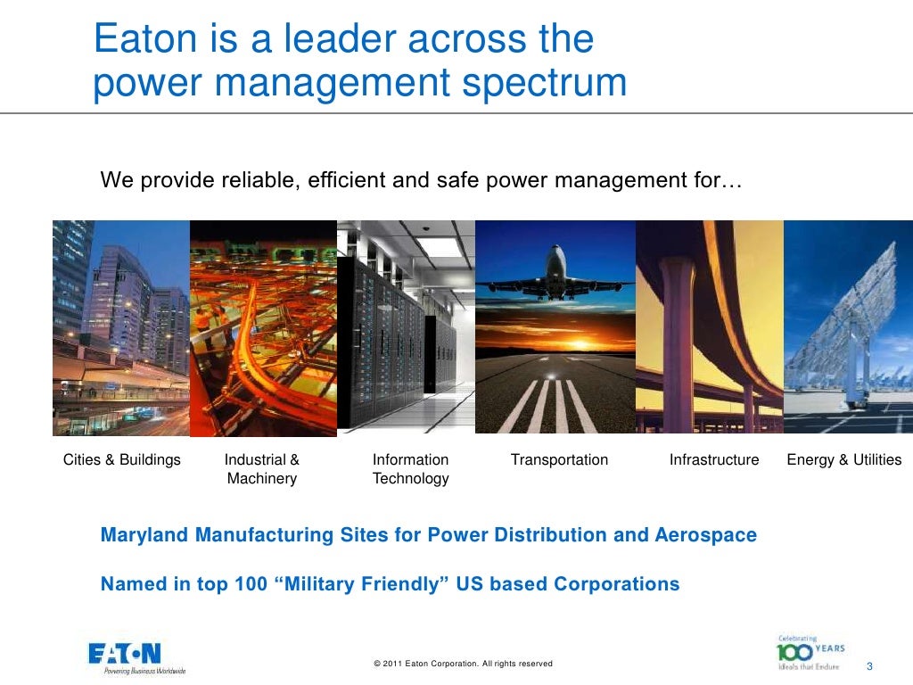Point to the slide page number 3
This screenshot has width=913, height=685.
(x=869, y=668)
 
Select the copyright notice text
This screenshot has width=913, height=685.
(x=464, y=664)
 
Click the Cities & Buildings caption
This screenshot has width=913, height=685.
(x=122, y=460)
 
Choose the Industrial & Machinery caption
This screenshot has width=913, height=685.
(x=262, y=469)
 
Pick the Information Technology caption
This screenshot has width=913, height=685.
(x=410, y=469)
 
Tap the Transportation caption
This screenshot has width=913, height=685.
(x=559, y=460)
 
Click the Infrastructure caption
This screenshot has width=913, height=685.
(x=714, y=460)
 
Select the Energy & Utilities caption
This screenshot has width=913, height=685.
(x=843, y=460)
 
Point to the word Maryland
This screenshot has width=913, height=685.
(x=144, y=536)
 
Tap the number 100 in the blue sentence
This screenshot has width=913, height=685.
(x=250, y=585)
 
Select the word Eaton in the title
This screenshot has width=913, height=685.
(x=138, y=39)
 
